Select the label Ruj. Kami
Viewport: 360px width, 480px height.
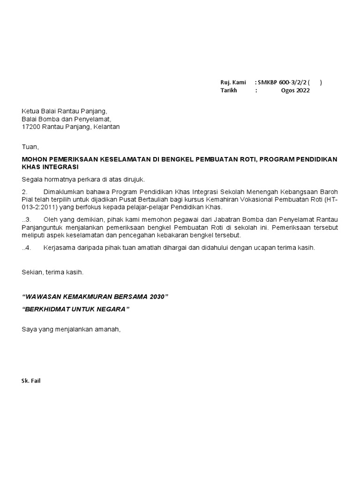[233, 82]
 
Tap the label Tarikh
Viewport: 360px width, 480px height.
[229, 90]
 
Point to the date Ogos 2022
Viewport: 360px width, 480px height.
[295, 90]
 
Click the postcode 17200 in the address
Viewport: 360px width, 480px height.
[30, 127]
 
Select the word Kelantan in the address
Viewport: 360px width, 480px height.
[107, 127]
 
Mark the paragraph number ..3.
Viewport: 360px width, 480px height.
[26, 220]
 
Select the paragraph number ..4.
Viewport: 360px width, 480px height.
[26, 248]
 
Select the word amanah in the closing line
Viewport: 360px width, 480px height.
[109, 329]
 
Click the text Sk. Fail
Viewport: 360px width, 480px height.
[31, 381]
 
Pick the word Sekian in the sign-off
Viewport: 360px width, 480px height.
[32, 272]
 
